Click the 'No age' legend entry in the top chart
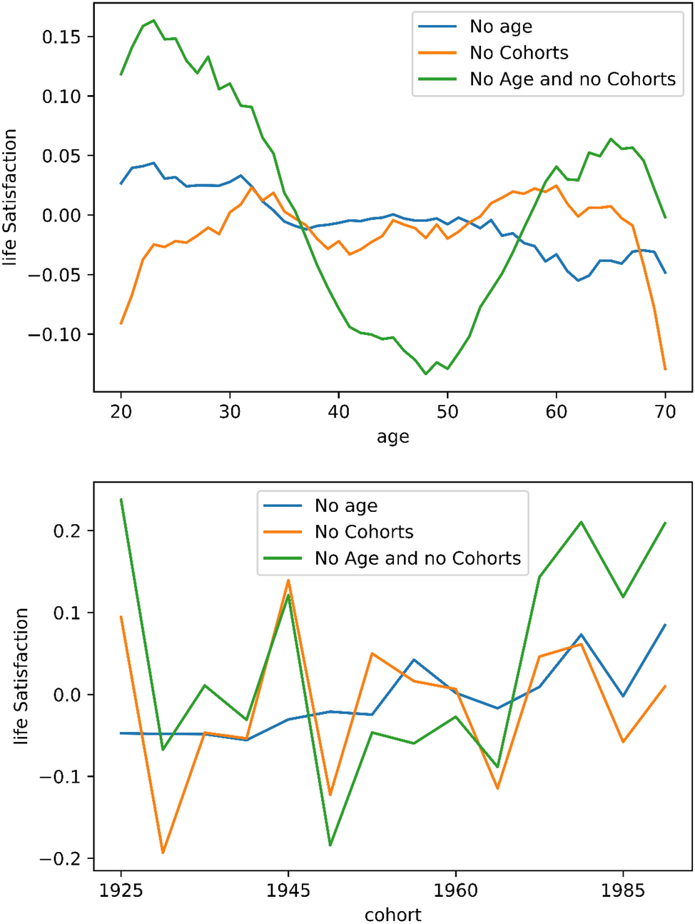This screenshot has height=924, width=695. coord(500,27)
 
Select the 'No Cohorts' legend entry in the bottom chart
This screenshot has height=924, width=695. coord(364,532)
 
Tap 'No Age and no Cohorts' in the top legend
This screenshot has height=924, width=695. coord(572,79)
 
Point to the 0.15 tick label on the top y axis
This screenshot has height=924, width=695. coord(61,36)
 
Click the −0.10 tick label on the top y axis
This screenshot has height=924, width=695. coord(55,334)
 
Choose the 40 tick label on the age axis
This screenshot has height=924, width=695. coord(339,412)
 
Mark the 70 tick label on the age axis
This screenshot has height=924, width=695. coord(665,412)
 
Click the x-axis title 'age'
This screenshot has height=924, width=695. coord(392,437)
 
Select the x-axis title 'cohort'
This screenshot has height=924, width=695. coord(392,915)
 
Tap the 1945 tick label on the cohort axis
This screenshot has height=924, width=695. coord(288,890)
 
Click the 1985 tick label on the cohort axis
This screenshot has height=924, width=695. coord(623,890)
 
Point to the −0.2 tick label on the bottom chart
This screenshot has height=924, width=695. coord(61,858)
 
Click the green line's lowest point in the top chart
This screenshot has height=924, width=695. coord(426,373)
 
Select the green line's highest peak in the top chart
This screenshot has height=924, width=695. coord(153,21)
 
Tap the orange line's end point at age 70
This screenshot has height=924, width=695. coord(665,369)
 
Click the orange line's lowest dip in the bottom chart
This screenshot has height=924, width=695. coord(163,853)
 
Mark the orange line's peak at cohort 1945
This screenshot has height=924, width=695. coord(288,580)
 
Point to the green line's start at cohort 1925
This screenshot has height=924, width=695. coord(121,499)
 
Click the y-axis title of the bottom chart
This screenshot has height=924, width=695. coord(21,676)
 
